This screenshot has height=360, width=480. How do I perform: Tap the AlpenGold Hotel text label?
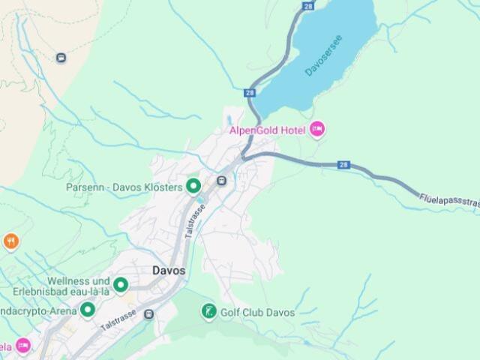pyautogui.click(x=266, y=130)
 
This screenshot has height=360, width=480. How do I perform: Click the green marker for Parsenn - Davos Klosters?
pyautogui.click(x=193, y=185)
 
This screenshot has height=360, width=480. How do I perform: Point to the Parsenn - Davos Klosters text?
pyautogui.click(x=124, y=187)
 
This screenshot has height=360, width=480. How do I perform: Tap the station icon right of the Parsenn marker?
pyautogui.click(x=222, y=181)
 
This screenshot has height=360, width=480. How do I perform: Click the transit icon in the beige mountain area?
pyautogui.click(x=61, y=57)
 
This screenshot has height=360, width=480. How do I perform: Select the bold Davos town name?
pyautogui.click(x=168, y=271)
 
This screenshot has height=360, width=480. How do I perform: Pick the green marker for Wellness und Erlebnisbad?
pyautogui.click(x=120, y=285)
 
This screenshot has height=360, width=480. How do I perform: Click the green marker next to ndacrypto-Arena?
pyautogui.click(x=88, y=309)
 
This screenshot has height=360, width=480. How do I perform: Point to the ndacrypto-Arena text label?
pyautogui.click(x=37, y=310)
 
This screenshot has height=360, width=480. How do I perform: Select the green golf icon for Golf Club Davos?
pyautogui.click(x=208, y=311)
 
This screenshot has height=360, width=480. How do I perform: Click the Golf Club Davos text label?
pyautogui.click(x=257, y=312)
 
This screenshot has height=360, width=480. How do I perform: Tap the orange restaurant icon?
pyautogui.click(x=10, y=241)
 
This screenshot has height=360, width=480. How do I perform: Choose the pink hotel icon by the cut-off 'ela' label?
pyautogui.click(x=23, y=346)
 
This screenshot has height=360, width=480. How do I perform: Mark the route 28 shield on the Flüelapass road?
pyautogui.click(x=343, y=165)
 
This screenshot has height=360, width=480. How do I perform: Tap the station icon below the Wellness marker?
pyautogui.click(x=149, y=313)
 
